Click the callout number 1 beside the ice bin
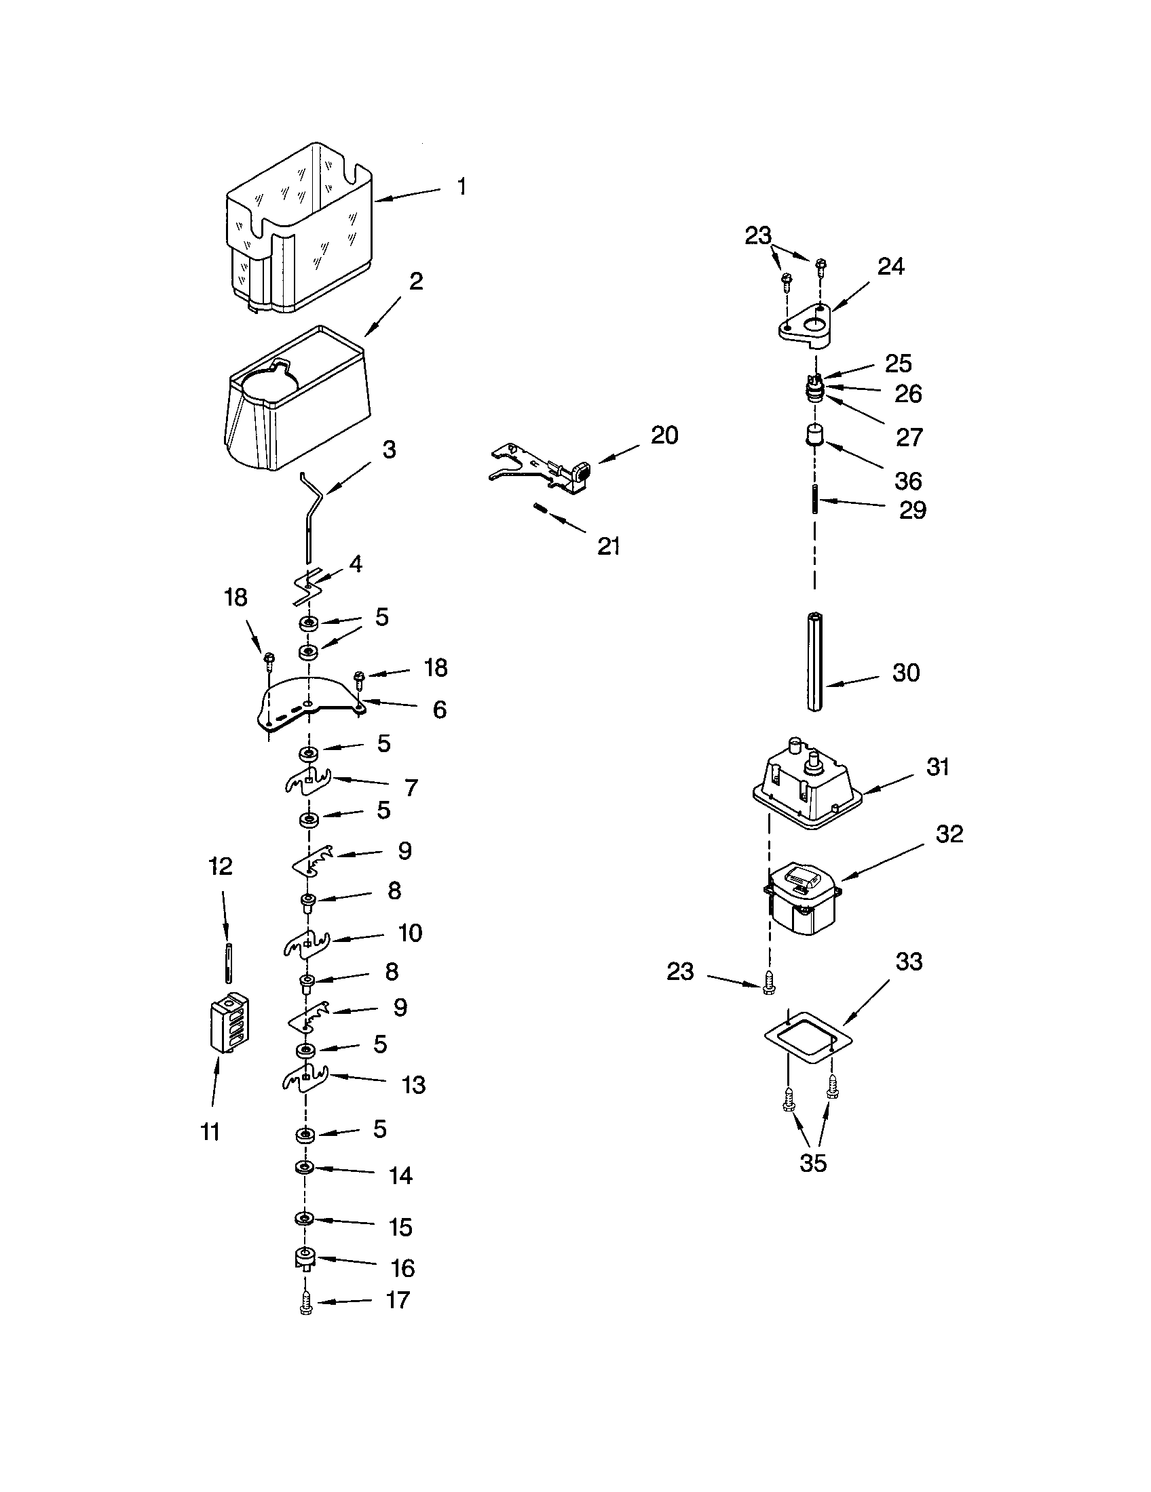[462, 186]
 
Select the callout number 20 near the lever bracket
[664, 435]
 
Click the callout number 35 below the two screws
[812, 1162]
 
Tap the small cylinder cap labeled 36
[813, 435]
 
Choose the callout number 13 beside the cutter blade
[414, 1085]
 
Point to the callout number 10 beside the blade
[410, 933]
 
